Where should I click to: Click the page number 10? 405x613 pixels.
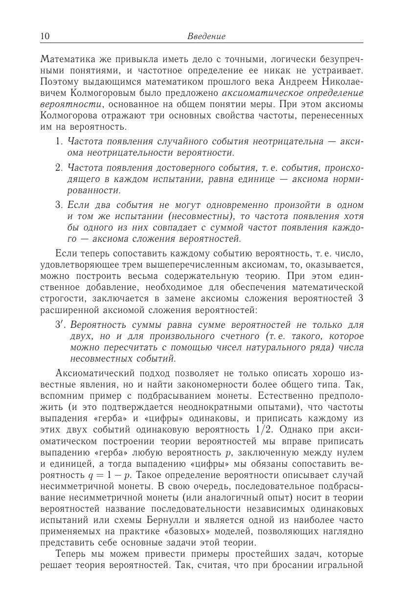click(45, 36)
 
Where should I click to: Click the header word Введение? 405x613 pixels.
click(206, 36)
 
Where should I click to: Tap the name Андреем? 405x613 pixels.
click(293, 81)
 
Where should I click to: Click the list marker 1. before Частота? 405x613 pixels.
click(60, 141)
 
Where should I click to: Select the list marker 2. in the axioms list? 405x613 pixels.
click(60, 168)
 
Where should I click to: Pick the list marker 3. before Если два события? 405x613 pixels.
click(60, 204)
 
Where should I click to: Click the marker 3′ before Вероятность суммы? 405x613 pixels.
click(61, 325)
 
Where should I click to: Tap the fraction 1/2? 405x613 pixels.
click(262, 429)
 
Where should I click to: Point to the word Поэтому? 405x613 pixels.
click(58, 81)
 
